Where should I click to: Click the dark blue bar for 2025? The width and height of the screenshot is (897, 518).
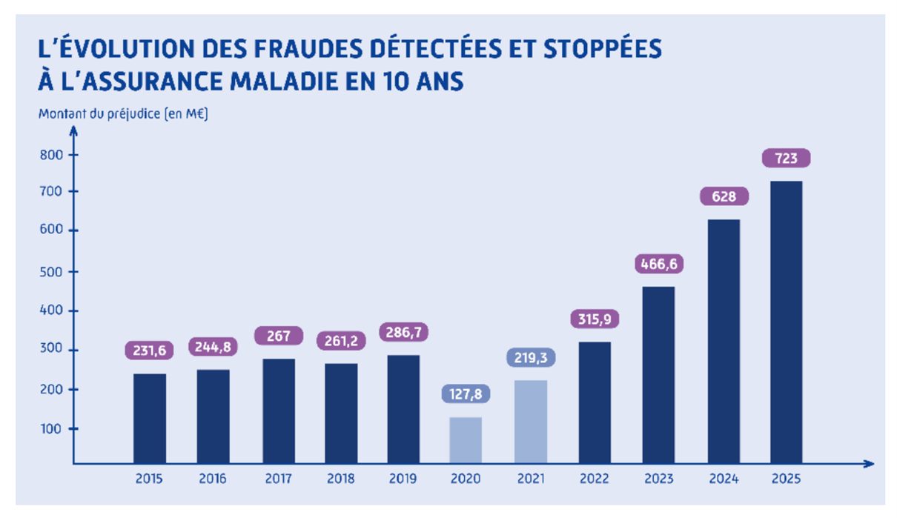pos(786,322)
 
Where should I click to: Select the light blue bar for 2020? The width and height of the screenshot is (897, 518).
pos(466,440)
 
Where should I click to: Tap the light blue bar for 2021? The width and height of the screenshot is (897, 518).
pos(531,422)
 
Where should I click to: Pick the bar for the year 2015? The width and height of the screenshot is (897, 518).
pos(150,419)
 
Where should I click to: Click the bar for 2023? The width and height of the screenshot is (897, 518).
pos(658,375)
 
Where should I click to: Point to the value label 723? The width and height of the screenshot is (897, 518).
pos(786,159)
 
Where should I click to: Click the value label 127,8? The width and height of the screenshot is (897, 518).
pos(466,394)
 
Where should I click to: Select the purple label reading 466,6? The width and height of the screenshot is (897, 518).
pos(658,264)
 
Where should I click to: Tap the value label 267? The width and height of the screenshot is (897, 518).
pos(279,335)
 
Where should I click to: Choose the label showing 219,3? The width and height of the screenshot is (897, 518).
pos(531,357)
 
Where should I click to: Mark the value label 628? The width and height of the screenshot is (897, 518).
pos(724,196)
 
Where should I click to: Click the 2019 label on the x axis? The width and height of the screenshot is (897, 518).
pos(404,479)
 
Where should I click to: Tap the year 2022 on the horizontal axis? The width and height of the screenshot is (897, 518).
pos(595,479)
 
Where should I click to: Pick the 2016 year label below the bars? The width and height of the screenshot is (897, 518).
pos(213,479)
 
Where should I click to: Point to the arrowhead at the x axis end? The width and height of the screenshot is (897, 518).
pos(869,465)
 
